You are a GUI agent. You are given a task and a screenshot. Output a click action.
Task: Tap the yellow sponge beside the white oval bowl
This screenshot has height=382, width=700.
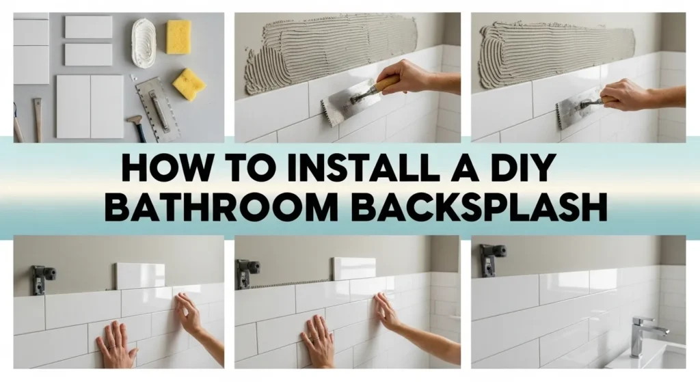(x=179, y=36)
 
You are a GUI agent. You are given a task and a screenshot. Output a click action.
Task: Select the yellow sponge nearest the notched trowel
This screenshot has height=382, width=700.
(x=189, y=84)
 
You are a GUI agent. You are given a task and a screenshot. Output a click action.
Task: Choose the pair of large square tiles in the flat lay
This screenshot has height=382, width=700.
(x=90, y=106)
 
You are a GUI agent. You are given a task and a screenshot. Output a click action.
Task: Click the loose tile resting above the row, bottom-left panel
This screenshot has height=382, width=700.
(x=139, y=275)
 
